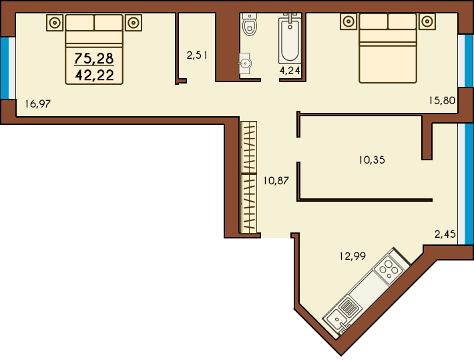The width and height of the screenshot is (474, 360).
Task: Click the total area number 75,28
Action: (x=94, y=58)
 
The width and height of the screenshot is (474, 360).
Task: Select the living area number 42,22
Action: (x=95, y=75)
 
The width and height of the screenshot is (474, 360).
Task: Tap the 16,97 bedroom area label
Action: (x=38, y=104)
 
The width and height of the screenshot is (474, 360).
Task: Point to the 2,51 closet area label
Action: (x=197, y=55)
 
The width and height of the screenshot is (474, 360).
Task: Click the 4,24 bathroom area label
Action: (x=290, y=71)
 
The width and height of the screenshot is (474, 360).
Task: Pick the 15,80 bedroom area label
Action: (x=442, y=100)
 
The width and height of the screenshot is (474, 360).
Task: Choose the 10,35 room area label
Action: (x=372, y=160)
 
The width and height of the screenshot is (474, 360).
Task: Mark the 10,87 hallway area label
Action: (x=276, y=181)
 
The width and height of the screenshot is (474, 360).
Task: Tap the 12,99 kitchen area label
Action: (x=352, y=256)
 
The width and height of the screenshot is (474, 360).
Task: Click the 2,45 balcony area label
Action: (x=445, y=234)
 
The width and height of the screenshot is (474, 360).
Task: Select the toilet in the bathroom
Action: (x=250, y=24)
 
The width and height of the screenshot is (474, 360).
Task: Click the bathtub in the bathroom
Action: (x=290, y=39)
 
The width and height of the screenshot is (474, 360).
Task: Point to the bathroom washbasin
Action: (x=244, y=63)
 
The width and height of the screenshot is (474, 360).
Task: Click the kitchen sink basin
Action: (x=336, y=319)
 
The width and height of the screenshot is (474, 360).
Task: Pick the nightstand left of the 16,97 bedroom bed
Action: (x=55, y=23)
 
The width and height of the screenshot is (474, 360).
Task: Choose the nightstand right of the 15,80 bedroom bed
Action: (x=427, y=21)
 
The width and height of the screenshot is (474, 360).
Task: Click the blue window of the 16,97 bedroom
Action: (x=5, y=68)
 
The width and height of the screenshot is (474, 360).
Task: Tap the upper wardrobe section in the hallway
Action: (x=249, y=147)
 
